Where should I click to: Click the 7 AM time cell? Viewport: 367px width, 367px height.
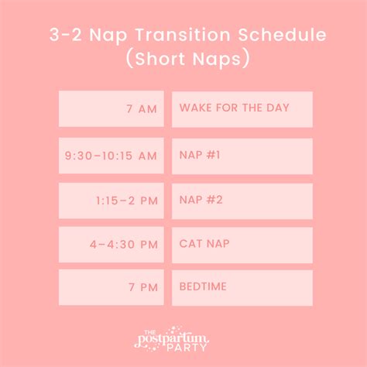point(111,109)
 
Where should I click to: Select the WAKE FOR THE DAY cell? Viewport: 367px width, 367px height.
point(242,109)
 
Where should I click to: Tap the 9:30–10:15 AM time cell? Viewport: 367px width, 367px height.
point(111,156)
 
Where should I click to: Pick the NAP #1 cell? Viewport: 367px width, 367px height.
point(242,156)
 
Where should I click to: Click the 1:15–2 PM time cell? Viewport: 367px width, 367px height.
point(111,201)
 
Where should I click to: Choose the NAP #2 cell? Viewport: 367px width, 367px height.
point(242,201)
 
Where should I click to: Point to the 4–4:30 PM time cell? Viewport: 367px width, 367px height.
point(111,245)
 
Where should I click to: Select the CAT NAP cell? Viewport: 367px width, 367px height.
point(242,245)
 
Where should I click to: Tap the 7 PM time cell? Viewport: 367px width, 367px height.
point(111,287)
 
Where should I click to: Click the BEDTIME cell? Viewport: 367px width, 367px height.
point(242,287)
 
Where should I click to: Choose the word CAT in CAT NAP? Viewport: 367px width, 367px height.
point(190,245)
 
